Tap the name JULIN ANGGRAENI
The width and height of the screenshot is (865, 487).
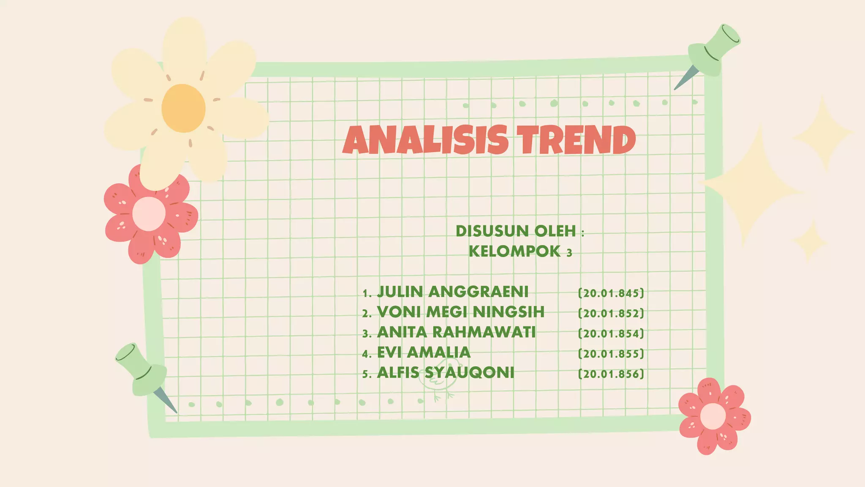452,292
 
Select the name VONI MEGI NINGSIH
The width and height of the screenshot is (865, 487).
460,312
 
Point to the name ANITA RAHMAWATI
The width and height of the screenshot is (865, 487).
456,332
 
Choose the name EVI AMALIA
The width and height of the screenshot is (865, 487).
424,353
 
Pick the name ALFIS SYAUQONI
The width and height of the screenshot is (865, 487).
446,373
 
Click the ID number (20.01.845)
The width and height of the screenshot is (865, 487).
611,293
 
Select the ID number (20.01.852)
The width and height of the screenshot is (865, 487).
611,313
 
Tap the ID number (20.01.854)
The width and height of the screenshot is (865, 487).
611,334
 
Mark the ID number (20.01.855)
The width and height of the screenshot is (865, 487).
611,354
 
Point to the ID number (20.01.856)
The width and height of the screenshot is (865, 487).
611,374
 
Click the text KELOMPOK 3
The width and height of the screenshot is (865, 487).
520,252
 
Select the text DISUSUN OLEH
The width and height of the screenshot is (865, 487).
516,231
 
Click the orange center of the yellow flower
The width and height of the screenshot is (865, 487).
183,108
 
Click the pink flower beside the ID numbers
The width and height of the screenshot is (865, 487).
713,416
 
